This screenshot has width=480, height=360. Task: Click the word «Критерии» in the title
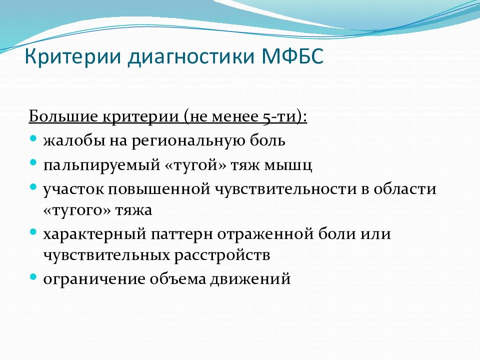click(73, 56)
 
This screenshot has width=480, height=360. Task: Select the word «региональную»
click(188, 141)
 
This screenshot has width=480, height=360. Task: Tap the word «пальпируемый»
click(101, 165)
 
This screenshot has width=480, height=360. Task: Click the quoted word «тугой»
click(196, 165)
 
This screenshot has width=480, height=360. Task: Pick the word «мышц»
click(288, 165)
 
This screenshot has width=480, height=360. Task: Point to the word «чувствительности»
click(285, 189)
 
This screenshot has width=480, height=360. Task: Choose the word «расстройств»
click(222, 255)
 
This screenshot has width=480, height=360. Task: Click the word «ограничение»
click(94, 279)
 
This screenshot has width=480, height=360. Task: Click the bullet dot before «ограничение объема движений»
click(33, 277)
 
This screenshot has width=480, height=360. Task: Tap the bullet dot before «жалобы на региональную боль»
click(33, 138)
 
